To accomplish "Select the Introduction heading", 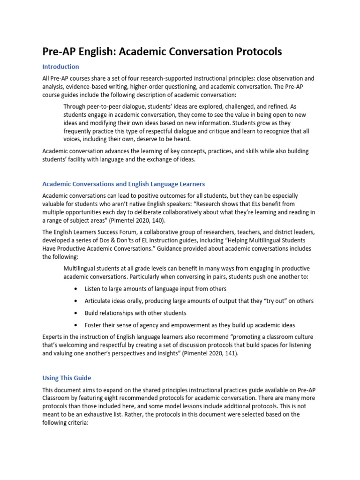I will click(x=60, y=67).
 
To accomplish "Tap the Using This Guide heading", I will click(x=67, y=377).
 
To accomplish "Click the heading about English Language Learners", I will click(x=123, y=184).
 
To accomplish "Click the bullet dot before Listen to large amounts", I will click(x=76, y=289).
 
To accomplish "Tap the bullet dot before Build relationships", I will click(x=76, y=313).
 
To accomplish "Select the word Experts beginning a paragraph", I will click(x=53, y=337).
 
